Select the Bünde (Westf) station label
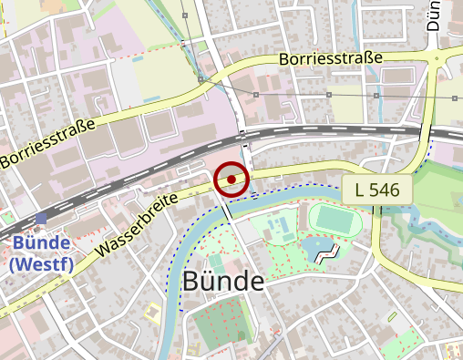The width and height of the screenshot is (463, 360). pyautogui.click(x=42, y=253)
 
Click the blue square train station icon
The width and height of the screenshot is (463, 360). pyautogui.click(x=42, y=219)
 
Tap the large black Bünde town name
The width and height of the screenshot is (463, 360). pyautogui.click(x=223, y=282)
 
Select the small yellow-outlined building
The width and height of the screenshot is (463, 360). pyautogui.click(x=152, y=314)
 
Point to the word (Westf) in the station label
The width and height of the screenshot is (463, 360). pyautogui.click(x=42, y=264)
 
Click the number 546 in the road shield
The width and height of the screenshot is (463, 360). pyautogui.click(x=386, y=190)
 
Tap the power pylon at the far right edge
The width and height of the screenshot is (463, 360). pyautogui.click(x=454, y=96)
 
